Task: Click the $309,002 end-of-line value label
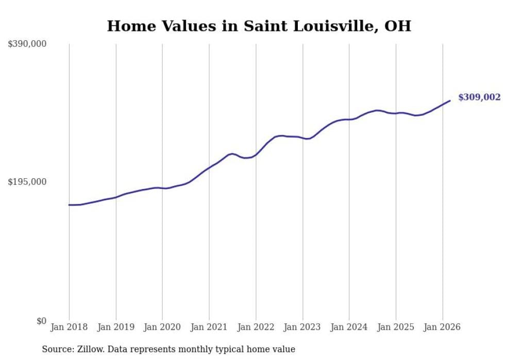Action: click(x=479, y=97)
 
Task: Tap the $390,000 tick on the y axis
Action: click(x=27, y=44)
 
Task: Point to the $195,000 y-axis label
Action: click(x=27, y=182)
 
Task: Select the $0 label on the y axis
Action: click(x=41, y=321)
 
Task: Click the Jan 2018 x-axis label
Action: click(x=69, y=327)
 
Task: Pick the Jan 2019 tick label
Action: click(x=116, y=327)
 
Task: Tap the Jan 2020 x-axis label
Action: click(x=162, y=327)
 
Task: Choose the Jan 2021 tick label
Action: click(x=209, y=327)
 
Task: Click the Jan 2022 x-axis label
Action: click(x=256, y=327)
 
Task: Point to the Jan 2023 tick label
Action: click(x=302, y=327)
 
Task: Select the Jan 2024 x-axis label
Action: click(x=349, y=327)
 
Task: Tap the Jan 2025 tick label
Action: click(x=396, y=327)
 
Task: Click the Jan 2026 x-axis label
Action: click(x=443, y=327)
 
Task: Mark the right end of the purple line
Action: click(x=450, y=100)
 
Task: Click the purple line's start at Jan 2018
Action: click(x=69, y=205)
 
